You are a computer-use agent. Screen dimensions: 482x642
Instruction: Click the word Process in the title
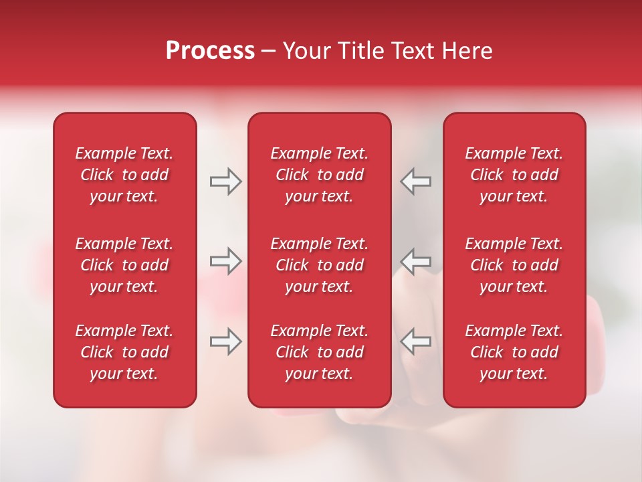pos(210,51)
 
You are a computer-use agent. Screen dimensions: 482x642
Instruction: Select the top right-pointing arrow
pos(226,181)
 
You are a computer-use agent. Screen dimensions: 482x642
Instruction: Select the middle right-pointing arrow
pos(226,261)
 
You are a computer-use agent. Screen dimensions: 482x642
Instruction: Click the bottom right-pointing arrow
pos(226,341)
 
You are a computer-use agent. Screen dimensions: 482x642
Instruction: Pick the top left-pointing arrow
pos(416,181)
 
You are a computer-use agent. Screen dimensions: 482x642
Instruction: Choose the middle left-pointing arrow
pos(416,261)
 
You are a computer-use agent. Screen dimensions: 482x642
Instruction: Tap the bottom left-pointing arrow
pos(416,341)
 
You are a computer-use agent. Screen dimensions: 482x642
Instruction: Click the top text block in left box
pos(124,175)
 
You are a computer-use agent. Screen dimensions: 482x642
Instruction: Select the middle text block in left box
pos(124,265)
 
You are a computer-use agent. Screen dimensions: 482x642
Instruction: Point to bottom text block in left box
pos(124,352)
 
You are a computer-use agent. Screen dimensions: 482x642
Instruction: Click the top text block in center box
pos(319,175)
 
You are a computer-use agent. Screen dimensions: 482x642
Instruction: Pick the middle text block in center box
pos(319,265)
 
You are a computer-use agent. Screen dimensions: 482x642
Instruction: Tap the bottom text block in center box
pos(319,352)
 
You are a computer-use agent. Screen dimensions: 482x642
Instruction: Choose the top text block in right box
pos(514,175)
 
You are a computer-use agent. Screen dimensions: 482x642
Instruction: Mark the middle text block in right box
pos(514,265)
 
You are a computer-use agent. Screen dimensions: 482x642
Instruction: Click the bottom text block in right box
pos(514,352)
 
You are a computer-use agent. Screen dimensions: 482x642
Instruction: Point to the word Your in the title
pos(305,51)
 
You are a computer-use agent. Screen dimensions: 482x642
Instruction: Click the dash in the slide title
pos(269,52)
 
